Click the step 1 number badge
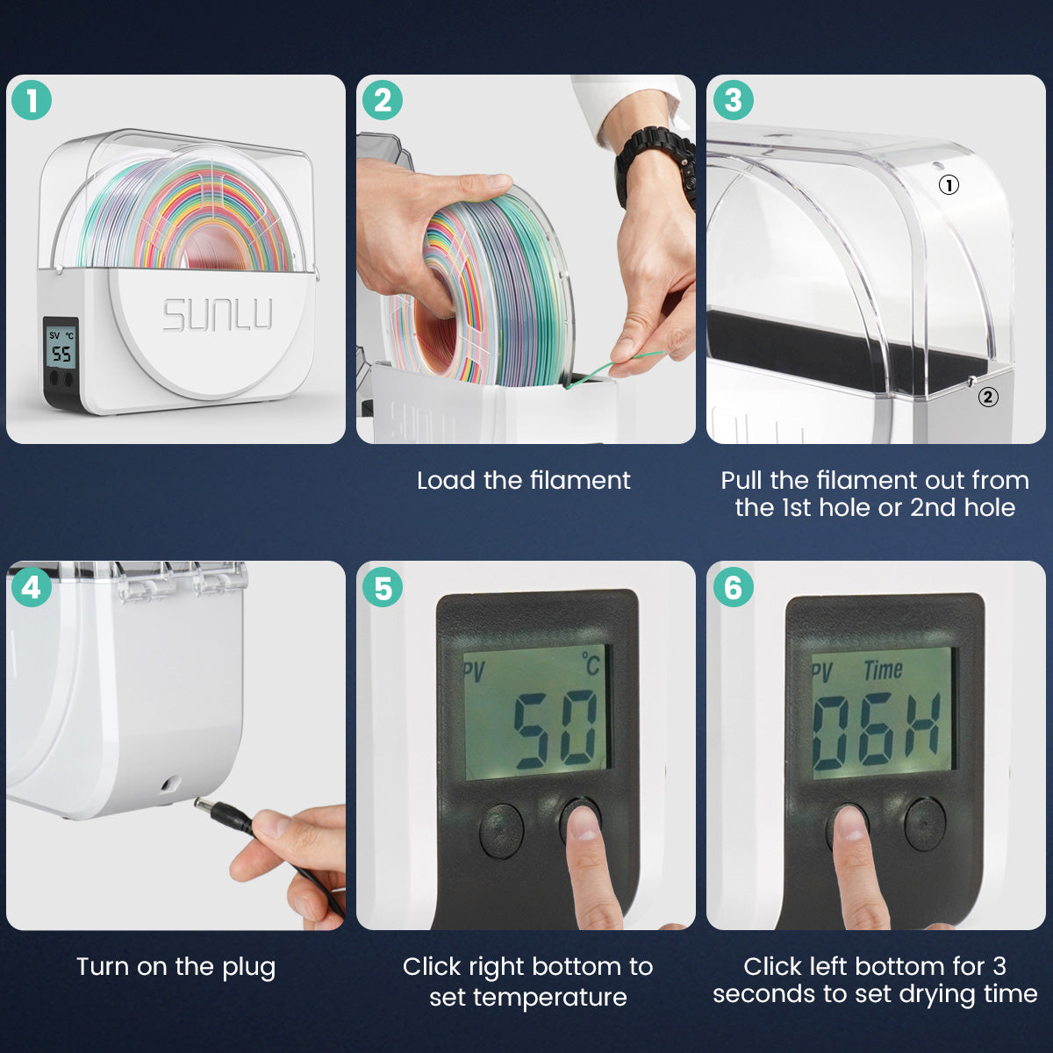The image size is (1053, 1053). point(31,101)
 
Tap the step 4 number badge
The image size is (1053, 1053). point(31,587)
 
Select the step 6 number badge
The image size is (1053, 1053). point(733,587)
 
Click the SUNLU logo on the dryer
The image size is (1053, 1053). point(218,315)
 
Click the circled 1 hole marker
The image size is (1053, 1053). point(949,185)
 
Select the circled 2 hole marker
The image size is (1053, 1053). point(988,397)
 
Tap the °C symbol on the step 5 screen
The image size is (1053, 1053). point(591,664)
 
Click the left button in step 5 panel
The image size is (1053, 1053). point(502,828)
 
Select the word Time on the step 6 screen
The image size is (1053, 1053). point(883,670)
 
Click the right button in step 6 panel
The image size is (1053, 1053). point(925,824)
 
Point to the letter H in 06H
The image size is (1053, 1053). point(922,729)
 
